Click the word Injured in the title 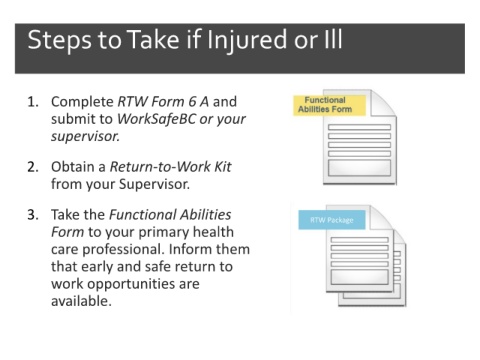point(246,41)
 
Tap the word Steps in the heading point(59,41)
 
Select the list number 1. point(33,102)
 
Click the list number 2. point(33,167)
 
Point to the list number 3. point(33,215)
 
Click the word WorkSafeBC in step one point(156,119)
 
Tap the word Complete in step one point(82,102)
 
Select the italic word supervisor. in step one point(85,136)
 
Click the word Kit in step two point(222,167)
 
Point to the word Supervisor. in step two point(155,184)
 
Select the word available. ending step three point(81,301)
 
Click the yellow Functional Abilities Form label point(329,105)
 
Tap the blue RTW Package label point(332,220)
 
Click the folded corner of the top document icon point(383,103)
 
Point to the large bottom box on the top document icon point(359,168)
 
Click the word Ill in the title point(333,39)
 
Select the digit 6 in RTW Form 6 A point(192,102)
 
